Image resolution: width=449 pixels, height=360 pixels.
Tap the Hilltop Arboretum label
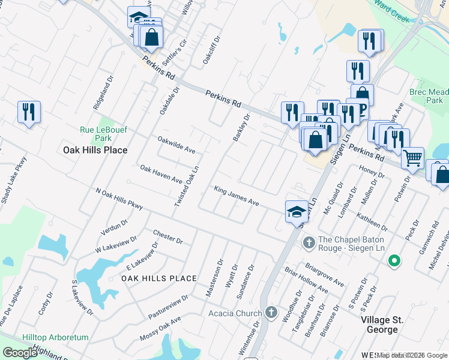(x=55, y=338)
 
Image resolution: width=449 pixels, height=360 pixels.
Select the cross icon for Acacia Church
(x=271, y=313)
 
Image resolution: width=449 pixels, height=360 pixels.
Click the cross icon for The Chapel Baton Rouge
(x=309, y=243)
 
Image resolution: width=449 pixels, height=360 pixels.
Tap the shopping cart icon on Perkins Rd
(x=412, y=158)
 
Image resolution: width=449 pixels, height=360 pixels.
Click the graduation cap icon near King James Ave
(x=297, y=211)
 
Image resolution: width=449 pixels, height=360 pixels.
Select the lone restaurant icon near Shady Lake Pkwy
(x=29, y=112)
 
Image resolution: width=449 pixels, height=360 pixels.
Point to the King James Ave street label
(x=237, y=196)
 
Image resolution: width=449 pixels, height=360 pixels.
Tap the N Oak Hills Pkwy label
(x=119, y=199)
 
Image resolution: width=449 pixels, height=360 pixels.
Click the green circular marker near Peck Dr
(x=394, y=260)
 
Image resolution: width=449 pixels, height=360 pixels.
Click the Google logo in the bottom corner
(x=20, y=352)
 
